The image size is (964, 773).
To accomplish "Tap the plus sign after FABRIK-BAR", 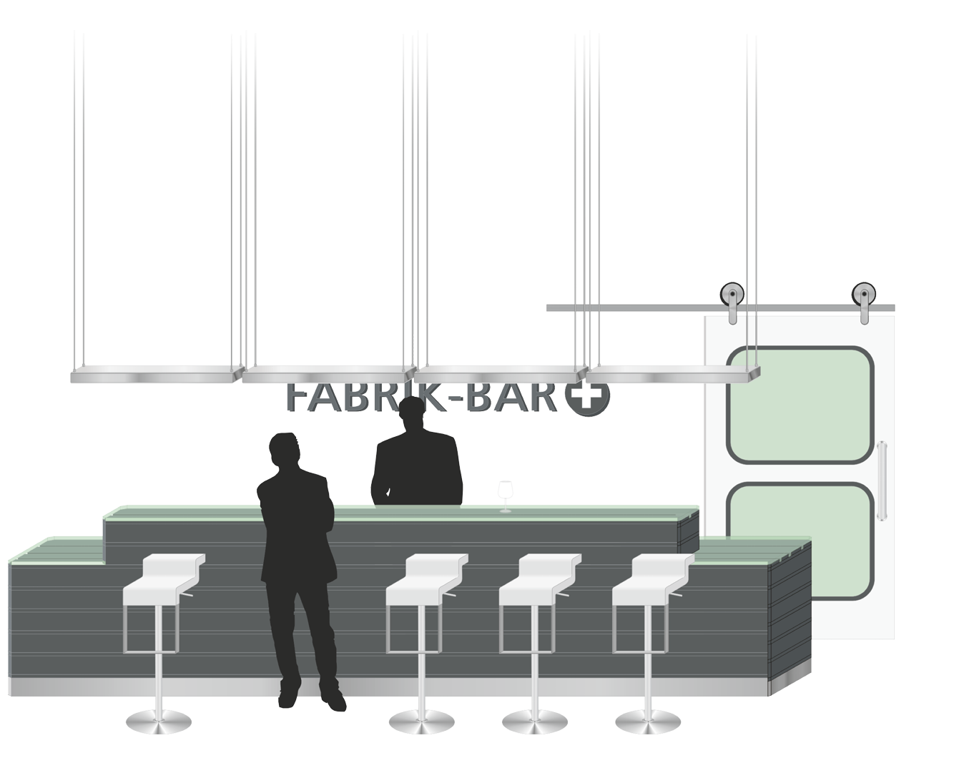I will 586,398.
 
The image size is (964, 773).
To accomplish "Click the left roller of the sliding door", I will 731,292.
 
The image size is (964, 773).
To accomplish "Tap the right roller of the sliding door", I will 862,292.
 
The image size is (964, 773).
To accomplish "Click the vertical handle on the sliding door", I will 884,479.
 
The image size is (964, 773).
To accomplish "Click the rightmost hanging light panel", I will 672,373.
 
